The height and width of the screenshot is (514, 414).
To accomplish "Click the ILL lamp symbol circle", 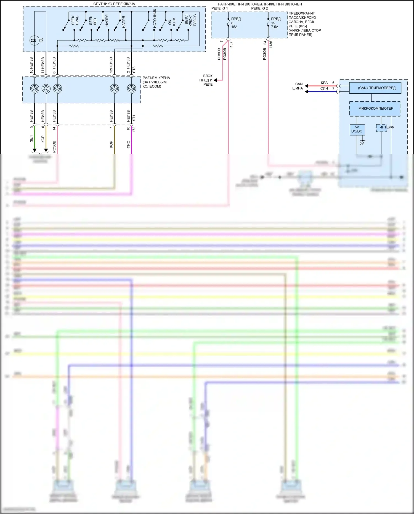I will coord(34,41).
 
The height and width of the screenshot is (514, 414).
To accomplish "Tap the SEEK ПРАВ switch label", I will coord(75,20).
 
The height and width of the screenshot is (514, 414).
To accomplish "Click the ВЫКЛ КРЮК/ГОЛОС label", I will coord(190,20).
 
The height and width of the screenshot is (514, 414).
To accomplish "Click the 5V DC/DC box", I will coord(357,129).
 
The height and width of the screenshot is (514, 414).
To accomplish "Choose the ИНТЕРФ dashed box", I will coord(382,128).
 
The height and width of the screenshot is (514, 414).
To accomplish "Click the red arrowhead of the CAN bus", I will coord(306,86).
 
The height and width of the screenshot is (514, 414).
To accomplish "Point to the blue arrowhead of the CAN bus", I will coord(306,91).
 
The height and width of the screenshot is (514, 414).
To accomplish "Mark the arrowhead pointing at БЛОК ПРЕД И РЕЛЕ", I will coord(215,80).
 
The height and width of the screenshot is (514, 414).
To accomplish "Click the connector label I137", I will coord(231,45).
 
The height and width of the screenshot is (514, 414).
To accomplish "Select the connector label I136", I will coord(271,44).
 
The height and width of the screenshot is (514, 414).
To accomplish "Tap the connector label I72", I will coord(134,129).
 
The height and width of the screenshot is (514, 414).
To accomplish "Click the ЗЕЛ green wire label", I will coord(31,138).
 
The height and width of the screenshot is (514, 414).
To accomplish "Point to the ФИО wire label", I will coord(128,144).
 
